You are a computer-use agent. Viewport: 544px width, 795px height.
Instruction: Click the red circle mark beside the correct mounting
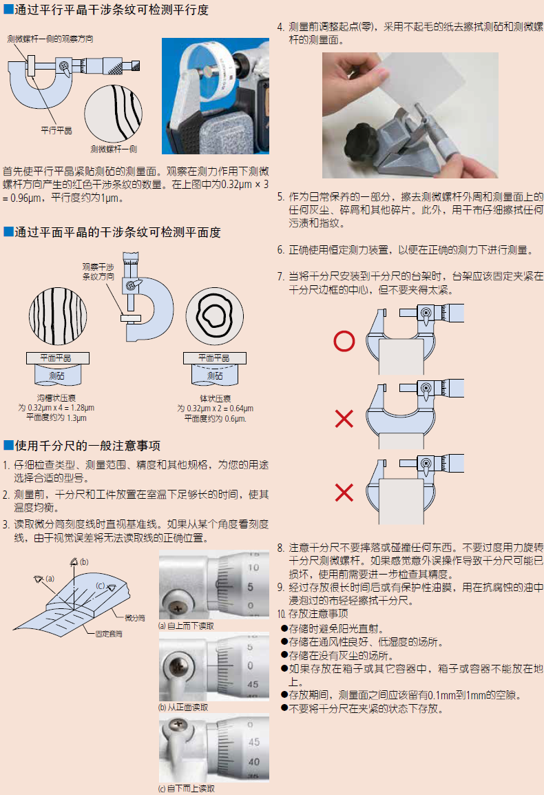point(344,341)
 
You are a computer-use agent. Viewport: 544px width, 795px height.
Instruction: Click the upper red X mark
point(344,419)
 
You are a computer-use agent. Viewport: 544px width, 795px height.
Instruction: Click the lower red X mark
point(344,493)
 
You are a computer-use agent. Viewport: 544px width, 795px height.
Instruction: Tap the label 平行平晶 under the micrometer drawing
point(56,130)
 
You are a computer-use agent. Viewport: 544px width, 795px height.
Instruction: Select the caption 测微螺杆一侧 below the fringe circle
point(114,149)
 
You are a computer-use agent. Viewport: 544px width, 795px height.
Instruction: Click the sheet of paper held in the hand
point(416,81)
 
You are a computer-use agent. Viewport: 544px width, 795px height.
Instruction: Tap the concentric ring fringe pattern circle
point(214,316)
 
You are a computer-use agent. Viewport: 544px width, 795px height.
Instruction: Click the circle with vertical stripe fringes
point(58,316)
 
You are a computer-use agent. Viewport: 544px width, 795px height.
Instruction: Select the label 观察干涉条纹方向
point(98,271)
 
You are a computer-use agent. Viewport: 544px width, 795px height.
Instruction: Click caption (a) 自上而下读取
point(186,626)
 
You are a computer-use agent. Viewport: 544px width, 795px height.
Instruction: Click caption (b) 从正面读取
point(183,708)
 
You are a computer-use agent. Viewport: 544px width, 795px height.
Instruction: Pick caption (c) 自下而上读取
point(186,788)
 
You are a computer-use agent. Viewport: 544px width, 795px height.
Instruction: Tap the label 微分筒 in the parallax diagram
point(135,617)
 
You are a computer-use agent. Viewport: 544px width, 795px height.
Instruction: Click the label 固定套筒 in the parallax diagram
point(109,634)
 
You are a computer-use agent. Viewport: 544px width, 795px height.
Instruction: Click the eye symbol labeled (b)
point(74,561)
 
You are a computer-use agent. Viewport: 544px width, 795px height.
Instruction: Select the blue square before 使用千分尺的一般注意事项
point(8,445)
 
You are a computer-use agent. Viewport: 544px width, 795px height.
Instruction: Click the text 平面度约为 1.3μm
point(56,417)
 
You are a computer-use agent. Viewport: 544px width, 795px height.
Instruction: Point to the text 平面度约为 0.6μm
point(215,419)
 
